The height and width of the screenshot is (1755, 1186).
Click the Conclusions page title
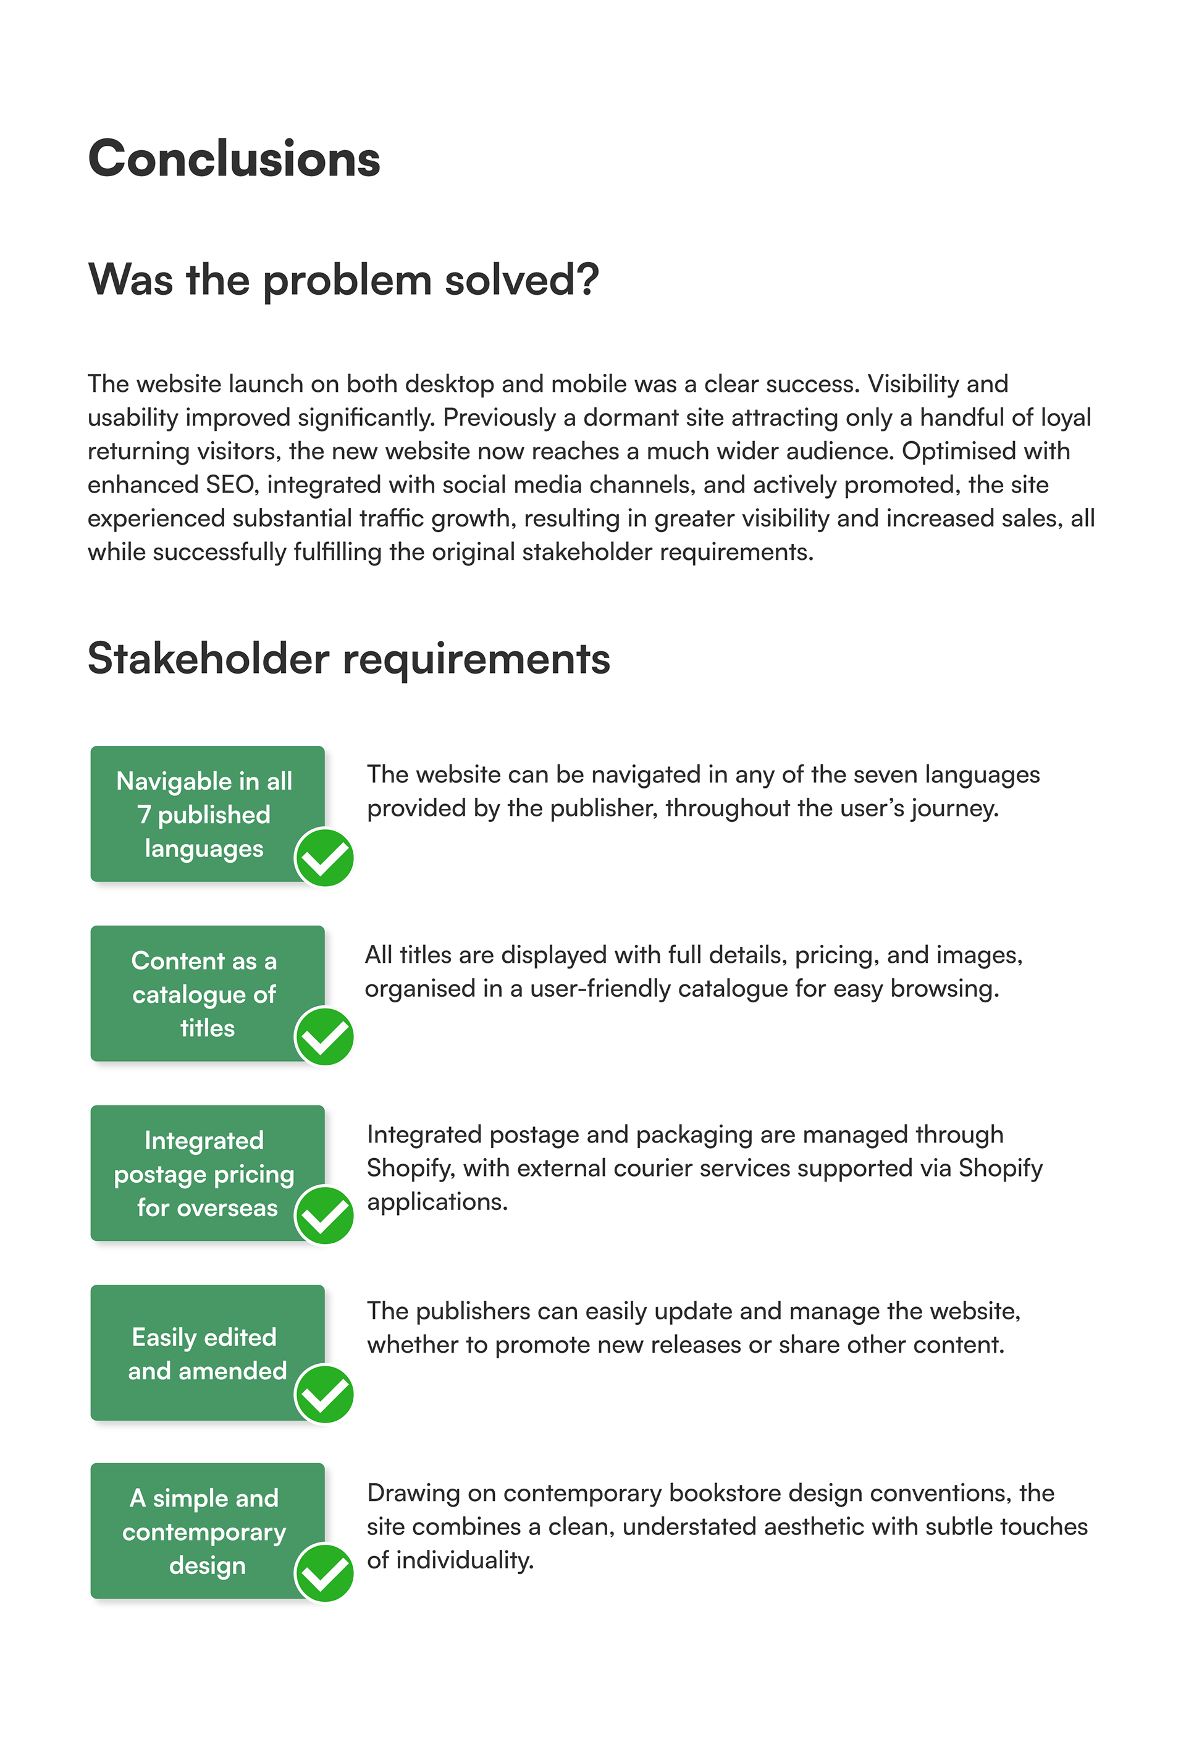pos(234,159)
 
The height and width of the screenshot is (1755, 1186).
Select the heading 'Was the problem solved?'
pos(343,280)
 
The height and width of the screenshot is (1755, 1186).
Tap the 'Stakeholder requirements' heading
pos(349,659)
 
